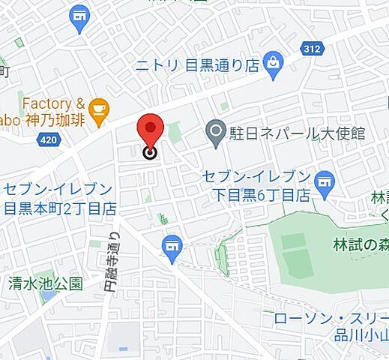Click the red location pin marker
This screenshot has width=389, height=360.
click(x=150, y=129)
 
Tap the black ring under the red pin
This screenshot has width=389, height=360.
click(x=150, y=154)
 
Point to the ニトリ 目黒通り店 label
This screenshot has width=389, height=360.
click(x=196, y=65)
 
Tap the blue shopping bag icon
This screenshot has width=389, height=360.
click(x=274, y=64)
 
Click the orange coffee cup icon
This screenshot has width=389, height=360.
click(x=97, y=111)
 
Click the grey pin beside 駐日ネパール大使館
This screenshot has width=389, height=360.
click(x=217, y=133)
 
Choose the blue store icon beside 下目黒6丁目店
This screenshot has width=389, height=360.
click(x=325, y=181)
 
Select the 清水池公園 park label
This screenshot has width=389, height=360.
click(x=45, y=283)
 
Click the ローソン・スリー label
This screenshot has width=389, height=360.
click(x=330, y=318)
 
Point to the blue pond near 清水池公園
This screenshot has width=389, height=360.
click(x=48, y=295)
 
